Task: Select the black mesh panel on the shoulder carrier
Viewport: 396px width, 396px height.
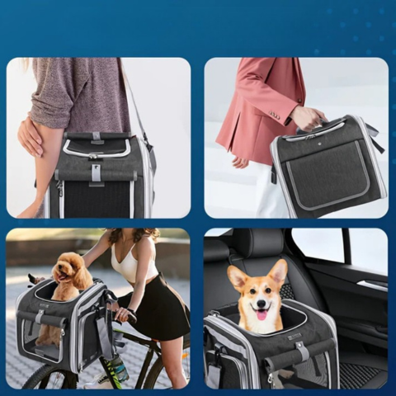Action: (x=96, y=199)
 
